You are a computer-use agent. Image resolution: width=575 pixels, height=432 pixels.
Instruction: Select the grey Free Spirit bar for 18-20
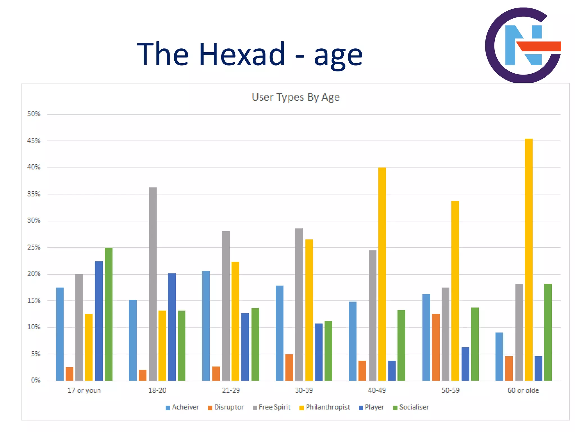click(153, 284)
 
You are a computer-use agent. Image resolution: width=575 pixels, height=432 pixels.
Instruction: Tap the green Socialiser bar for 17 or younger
click(109, 314)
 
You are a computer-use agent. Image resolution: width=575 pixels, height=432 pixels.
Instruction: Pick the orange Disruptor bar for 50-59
click(436, 347)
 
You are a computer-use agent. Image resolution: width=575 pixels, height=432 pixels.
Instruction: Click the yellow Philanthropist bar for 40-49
click(382, 274)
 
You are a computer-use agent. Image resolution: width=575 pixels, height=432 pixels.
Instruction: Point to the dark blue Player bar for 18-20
click(172, 327)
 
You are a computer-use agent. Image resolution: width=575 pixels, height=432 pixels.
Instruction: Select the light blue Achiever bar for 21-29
click(206, 326)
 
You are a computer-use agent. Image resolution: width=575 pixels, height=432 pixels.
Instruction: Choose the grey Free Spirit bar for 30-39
click(299, 305)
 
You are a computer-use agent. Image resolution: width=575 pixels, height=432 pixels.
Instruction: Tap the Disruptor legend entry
click(226, 407)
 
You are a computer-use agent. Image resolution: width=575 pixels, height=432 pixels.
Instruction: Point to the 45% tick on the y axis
click(34, 141)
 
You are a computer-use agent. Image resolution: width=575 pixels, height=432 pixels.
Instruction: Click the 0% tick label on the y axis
click(35, 380)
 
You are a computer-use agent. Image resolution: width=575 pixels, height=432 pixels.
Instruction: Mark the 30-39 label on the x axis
click(304, 390)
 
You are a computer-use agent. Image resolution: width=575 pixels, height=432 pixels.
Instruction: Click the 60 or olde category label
click(523, 390)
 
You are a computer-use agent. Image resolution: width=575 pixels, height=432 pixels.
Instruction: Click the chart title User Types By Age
click(295, 97)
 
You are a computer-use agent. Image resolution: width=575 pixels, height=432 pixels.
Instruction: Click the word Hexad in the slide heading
click(242, 54)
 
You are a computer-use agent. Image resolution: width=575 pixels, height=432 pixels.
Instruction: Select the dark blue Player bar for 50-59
click(465, 364)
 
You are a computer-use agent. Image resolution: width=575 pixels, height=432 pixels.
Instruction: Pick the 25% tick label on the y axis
click(34, 247)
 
